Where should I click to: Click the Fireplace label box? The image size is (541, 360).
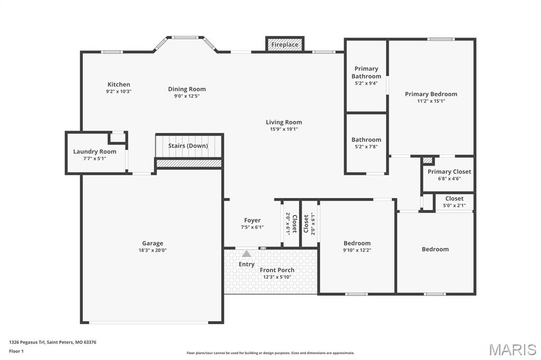click(x=285, y=45)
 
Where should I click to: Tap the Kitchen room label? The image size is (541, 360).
click(x=118, y=84)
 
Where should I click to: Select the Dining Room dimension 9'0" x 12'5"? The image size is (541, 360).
click(x=186, y=96)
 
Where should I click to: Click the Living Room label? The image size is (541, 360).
click(x=284, y=122)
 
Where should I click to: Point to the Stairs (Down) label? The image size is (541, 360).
click(x=188, y=146)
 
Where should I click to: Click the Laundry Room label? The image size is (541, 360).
click(x=95, y=151)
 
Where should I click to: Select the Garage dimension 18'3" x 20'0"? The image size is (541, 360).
click(x=152, y=250)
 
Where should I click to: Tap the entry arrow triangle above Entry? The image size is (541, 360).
click(x=247, y=254)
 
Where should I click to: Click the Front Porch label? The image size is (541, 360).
click(x=277, y=270)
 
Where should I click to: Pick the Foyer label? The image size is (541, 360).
click(x=252, y=220)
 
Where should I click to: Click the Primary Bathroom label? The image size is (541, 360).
click(x=366, y=72)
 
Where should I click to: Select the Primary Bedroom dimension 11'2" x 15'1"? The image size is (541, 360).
click(x=431, y=101)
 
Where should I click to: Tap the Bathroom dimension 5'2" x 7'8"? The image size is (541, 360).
click(x=366, y=147)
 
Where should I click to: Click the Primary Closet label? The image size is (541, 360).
click(x=449, y=172)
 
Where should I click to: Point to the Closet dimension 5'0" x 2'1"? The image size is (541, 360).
click(x=454, y=205)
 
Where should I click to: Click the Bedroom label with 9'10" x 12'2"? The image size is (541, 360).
click(x=357, y=243)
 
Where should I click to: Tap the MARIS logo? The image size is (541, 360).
click(x=512, y=349)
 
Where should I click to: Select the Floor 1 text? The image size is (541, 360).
click(x=16, y=351)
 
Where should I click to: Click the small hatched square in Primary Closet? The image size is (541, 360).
click(x=428, y=160)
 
